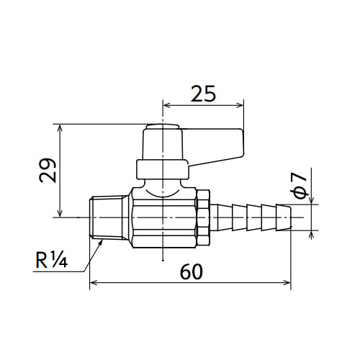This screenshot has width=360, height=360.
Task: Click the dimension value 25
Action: click(203, 94)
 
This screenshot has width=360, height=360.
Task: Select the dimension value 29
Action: click(48, 170)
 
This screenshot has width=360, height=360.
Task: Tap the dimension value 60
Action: click(192, 271)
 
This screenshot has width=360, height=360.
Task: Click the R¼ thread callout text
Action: click(51, 260)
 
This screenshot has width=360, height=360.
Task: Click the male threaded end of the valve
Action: click(109, 217)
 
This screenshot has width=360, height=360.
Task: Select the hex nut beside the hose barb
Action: click(203, 217)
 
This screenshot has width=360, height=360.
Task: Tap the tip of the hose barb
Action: click(291, 217)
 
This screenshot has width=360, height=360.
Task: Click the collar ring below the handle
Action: click(163, 169)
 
